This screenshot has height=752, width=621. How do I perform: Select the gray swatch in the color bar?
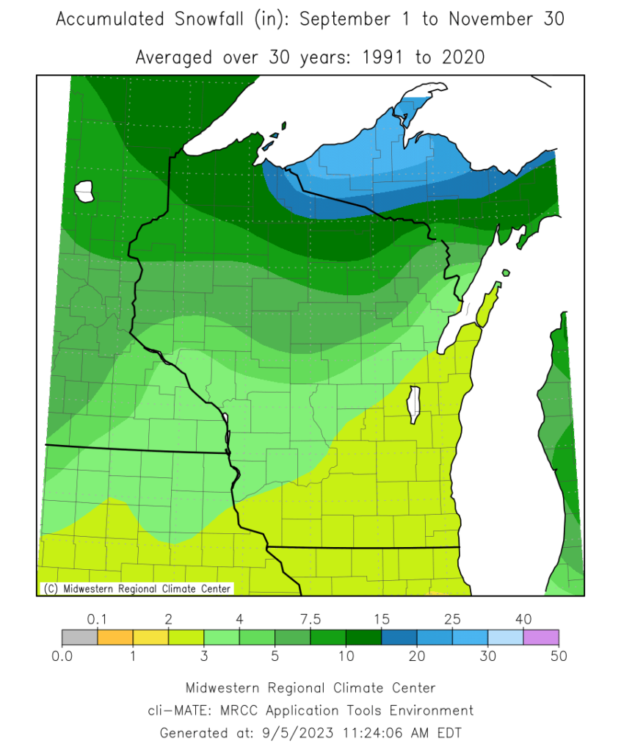pos(79,637)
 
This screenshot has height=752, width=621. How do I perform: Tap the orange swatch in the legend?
pos(115,637)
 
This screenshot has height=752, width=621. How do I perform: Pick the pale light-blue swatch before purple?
pos(506,637)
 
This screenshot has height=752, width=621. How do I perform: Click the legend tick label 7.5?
pos(311,619)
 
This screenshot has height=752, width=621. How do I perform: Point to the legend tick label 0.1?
pos(98,619)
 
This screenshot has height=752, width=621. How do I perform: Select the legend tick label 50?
pos(559,656)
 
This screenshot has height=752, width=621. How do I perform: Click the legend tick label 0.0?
pos(62,656)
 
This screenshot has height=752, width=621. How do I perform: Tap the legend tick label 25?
pos(453,619)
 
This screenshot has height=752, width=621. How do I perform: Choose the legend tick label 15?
pos(382,619)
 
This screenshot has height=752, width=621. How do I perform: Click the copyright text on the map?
pos(136,588)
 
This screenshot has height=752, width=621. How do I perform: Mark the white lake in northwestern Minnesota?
pos(85,192)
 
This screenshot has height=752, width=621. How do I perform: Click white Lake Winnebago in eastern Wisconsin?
pos(415,405)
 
